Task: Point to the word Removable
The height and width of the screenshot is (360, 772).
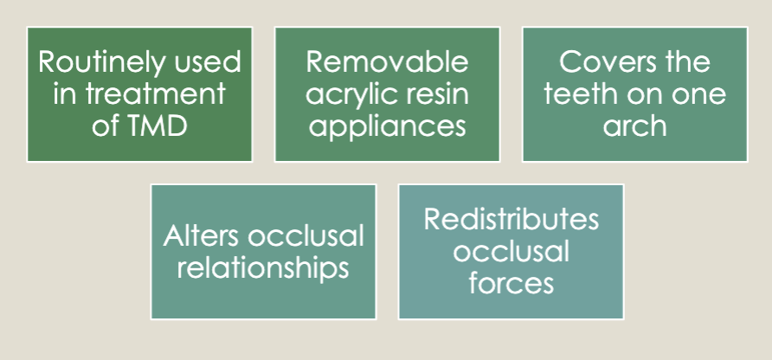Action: tap(387, 62)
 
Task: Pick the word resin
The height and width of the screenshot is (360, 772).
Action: tap(431, 93)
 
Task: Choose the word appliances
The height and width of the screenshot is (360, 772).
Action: tap(387, 125)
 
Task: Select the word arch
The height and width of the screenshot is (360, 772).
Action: tap(635, 125)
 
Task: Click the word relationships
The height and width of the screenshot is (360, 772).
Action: tap(263, 267)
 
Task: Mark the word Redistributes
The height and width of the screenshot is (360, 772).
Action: tap(511, 219)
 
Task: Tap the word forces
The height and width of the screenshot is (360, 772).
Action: tap(511, 282)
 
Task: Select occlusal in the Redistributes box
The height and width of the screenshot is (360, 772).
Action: tap(511, 251)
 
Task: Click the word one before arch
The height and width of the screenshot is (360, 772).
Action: tap(698, 93)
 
